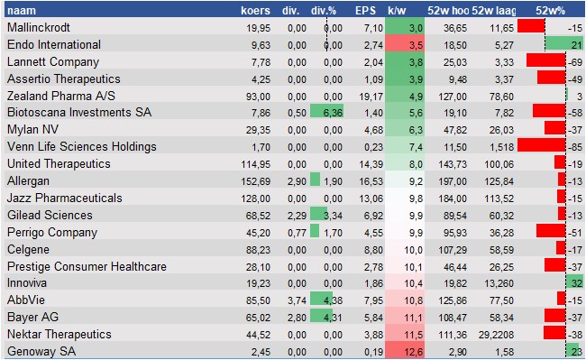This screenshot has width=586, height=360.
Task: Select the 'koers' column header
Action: click(x=256, y=10)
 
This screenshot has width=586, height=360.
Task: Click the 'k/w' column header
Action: click(x=398, y=10)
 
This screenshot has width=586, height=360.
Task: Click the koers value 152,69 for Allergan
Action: click(x=253, y=180)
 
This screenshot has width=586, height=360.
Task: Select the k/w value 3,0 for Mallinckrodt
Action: click(x=415, y=28)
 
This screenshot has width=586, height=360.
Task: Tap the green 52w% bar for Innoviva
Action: click(x=569, y=283)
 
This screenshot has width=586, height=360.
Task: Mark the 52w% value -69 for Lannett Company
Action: click(x=573, y=61)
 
